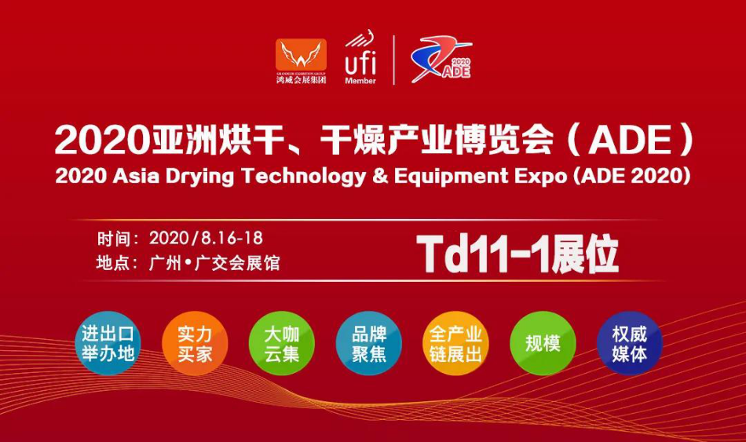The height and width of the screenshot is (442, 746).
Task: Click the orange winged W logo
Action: [x=301, y=55]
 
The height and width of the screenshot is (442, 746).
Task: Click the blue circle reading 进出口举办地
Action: [x=108, y=343]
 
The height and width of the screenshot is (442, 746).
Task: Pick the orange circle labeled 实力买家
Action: [x=195, y=343]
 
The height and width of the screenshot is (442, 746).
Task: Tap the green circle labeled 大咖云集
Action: [x=282, y=343]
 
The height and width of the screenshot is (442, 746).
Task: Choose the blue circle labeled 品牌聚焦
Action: [x=369, y=343]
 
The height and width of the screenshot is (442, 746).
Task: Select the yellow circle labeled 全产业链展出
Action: [x=455, y=343]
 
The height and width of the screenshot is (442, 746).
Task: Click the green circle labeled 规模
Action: [x=543, y=343]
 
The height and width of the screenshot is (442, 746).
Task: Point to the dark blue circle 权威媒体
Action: [x=630, y=343]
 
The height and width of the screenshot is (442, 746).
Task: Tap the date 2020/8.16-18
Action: [x=206, y=238]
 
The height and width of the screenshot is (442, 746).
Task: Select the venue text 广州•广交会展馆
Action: [x=214, y=263]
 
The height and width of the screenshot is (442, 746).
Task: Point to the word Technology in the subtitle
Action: [x=304, y=177]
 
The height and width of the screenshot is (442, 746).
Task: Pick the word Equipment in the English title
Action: [x=451, y=177]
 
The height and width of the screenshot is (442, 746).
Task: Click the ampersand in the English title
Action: [x=380, y=176]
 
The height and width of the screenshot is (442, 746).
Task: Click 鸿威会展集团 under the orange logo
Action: [x=302, y=79]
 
